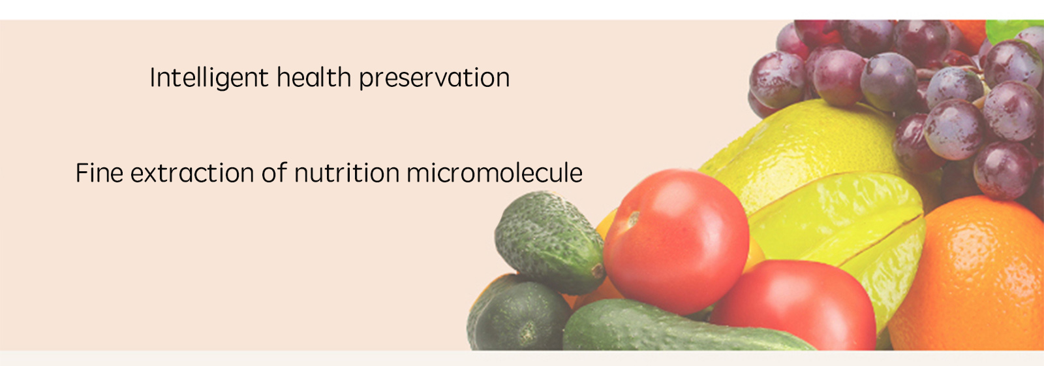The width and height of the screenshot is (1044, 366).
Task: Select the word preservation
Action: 435,78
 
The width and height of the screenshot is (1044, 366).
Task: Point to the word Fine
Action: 99,173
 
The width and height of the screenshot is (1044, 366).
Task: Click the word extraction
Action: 192,173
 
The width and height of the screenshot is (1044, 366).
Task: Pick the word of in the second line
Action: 274,172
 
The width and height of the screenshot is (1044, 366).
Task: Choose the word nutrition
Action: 346,173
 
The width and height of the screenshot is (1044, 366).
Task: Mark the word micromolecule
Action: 495,173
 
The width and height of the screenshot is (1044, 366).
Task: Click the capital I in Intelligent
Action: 152,77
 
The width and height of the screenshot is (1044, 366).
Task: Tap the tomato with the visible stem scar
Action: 676,242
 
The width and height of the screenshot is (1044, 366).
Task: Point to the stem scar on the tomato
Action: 632,220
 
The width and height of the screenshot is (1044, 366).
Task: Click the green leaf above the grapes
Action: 1011,29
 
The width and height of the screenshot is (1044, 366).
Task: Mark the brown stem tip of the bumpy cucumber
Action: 597,271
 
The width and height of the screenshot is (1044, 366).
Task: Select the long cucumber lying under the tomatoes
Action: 676,327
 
